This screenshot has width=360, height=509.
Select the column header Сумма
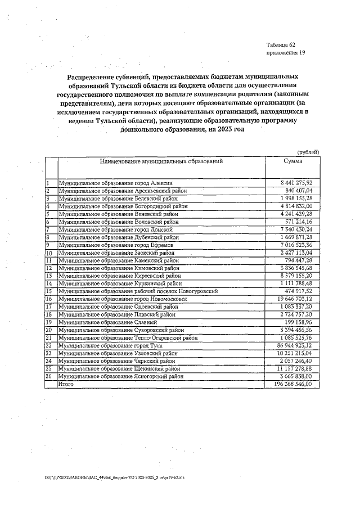(292, 161)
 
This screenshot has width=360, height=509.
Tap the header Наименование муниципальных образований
(161, 161)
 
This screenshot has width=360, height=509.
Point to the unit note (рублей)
(308, 152)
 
